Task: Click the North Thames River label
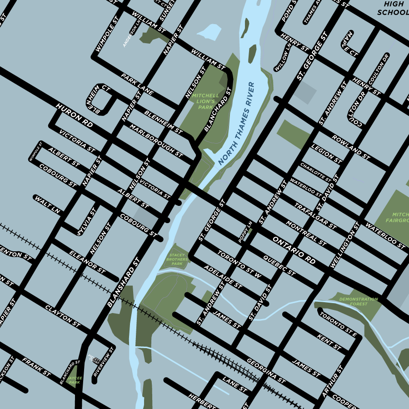[236, 124]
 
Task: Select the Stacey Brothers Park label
[177, 259]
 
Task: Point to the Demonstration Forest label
[359, 301]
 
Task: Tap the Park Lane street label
[137, 83]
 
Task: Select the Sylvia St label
[86, 222]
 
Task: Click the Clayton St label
[63, 316]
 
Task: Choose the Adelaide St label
[223, 277]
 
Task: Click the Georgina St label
[266, 370]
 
